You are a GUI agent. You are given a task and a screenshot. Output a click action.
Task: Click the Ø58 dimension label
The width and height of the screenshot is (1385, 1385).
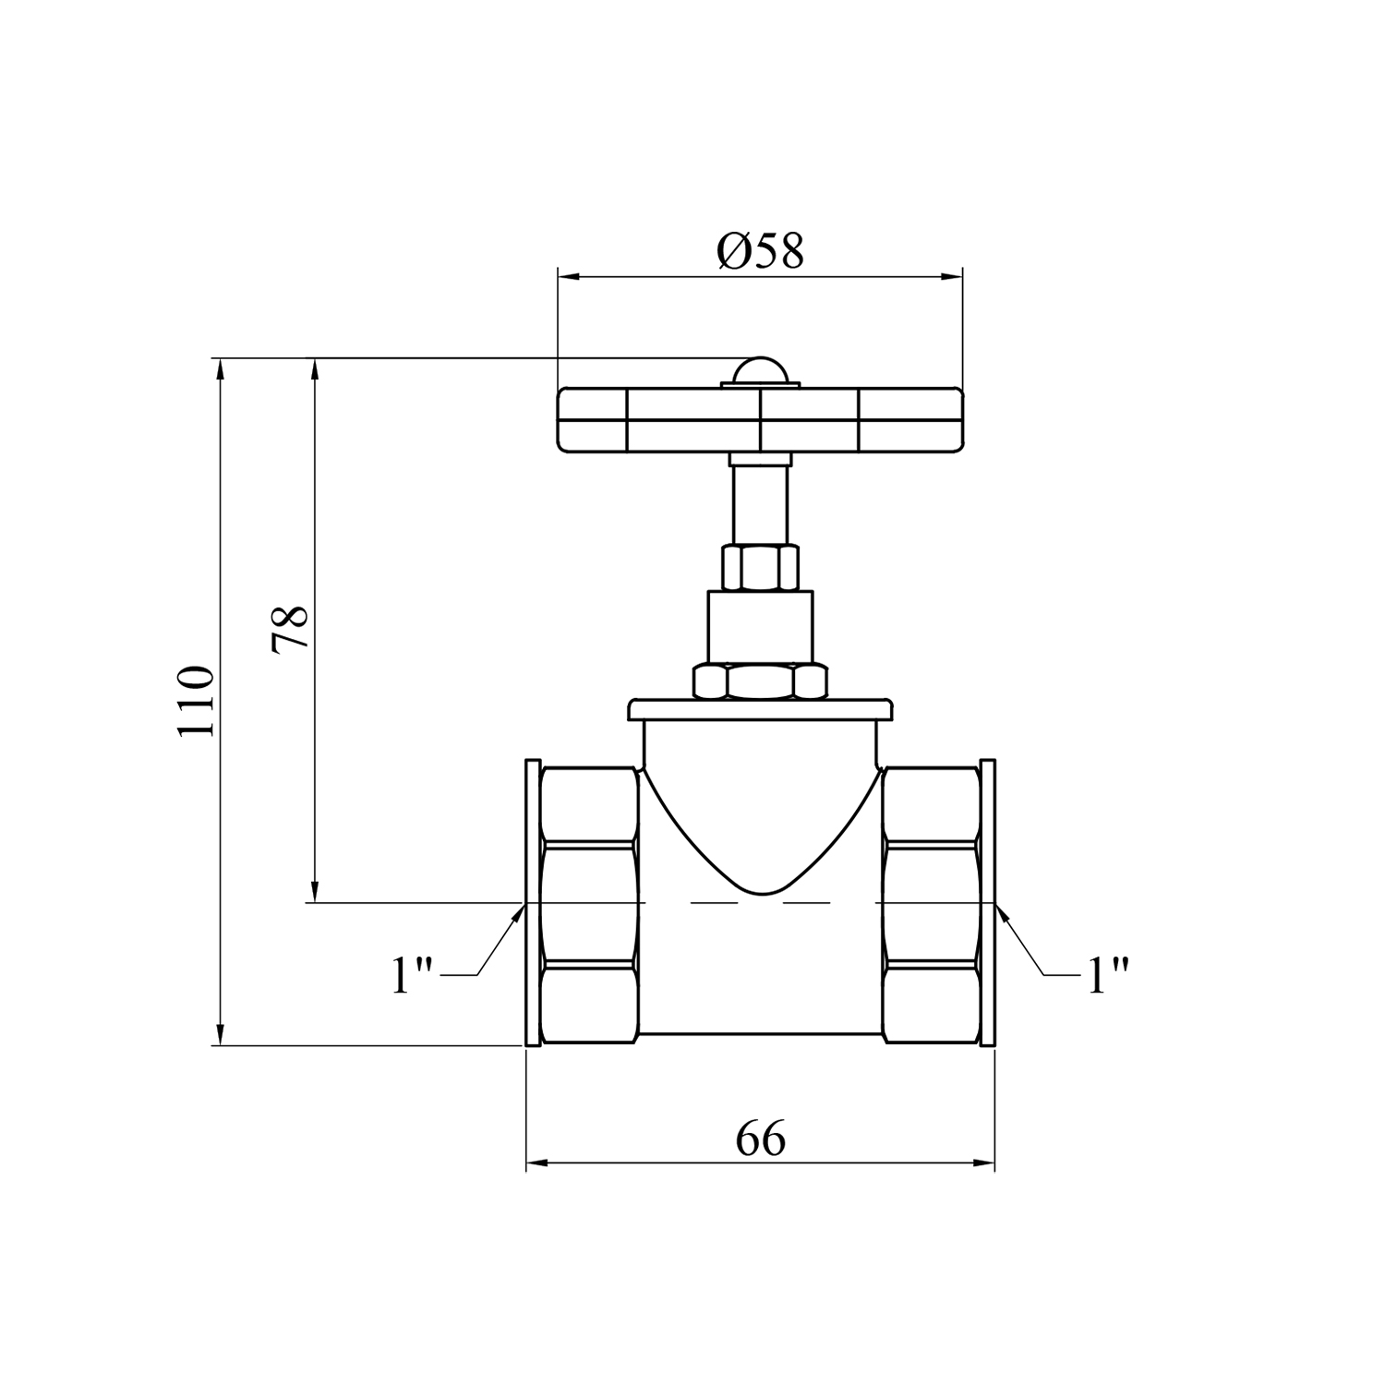[x=760, y=250]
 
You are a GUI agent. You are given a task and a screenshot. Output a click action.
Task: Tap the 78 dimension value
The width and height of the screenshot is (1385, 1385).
[x=290, y=630]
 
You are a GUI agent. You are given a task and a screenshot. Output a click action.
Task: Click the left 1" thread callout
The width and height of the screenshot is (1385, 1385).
[x=412, y=975]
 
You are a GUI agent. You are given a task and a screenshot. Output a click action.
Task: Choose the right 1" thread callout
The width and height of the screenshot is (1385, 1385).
[x=1108, y=975]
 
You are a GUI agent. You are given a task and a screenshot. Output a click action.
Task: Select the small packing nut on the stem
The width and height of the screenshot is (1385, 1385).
[x=760, y=568]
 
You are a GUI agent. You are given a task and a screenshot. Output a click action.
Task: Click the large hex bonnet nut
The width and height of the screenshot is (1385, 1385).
[x=760, y=681]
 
